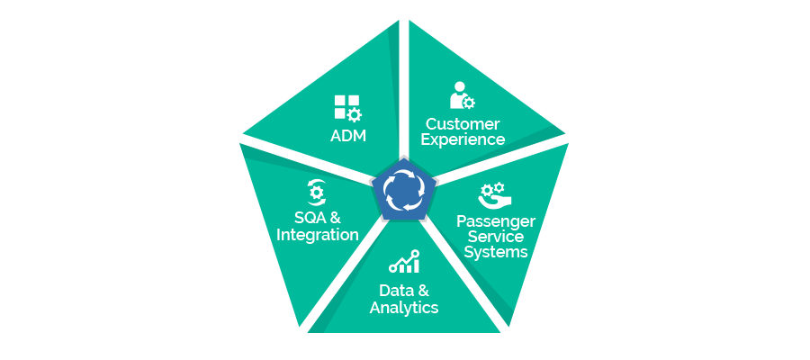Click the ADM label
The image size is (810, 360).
[x=348, y=136]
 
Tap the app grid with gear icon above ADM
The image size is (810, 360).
[x=347, y=109]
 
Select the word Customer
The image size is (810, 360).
[x=463, y=124]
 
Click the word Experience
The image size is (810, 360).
[x=463, y=139]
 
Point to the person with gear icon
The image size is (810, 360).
[x=462, y=95]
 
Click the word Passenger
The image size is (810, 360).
[x=495, y=221]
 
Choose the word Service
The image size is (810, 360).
[x=495, y=237]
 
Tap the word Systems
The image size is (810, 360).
[x=495, y=252]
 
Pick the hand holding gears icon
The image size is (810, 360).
[x=494, y=194]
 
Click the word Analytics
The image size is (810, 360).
[x=404, y=308]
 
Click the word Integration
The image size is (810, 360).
[x=318, y=235]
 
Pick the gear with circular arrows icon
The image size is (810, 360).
[x=316, y=193]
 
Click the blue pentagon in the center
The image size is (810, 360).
[x=404, y=191]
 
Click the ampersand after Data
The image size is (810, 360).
[x=423, y=290]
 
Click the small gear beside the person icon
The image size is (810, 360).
[x=469, y=103]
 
